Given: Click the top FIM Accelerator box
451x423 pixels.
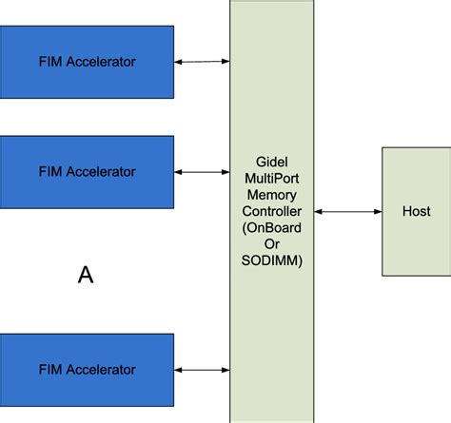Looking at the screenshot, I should pyautogui.click(x=87, y=62).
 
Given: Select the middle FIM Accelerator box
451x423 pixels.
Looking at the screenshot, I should pyautogui.click(x=87, y=172).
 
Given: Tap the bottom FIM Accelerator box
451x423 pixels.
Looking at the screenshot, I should pyautogui.click(x=87, y=369).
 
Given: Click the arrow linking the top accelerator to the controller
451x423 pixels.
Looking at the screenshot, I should pyautogui.click(x=202, y=63).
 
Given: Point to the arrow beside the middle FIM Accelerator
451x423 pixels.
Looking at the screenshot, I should pyautogui.click(x=202, y=172).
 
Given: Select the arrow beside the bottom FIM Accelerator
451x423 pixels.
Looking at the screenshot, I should pyautogui.click(x=202, y=370).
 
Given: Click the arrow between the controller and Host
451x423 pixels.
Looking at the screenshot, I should pyautogui.click(x=347, y=212).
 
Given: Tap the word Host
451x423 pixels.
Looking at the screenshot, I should pyautogui.click(x=416, y=211).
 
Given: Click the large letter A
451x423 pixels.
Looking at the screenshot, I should pyautogui.click(x=86, y=276).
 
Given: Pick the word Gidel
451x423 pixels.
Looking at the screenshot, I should pyautogui.click(x=272, y=163).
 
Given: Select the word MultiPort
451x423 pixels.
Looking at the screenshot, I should pyautogui.click(x=272, y=179).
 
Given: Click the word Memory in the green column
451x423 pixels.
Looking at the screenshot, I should pyautogui.click(x=272, y=195).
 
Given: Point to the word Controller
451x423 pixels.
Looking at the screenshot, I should pyautogui.click(x=272, y=211).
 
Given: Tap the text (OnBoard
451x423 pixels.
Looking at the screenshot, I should pyautogui.click(x=272, y=227).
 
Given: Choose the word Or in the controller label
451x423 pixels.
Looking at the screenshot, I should pyautogui.click(x=272, y=243).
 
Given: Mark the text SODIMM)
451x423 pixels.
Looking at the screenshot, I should pyautogui.click(x=272, y=260).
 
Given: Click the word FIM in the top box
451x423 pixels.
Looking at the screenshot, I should pyautogui.click(x=50, y=63).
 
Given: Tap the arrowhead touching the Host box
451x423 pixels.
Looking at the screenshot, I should pyautogui.click(x=378, y=212).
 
